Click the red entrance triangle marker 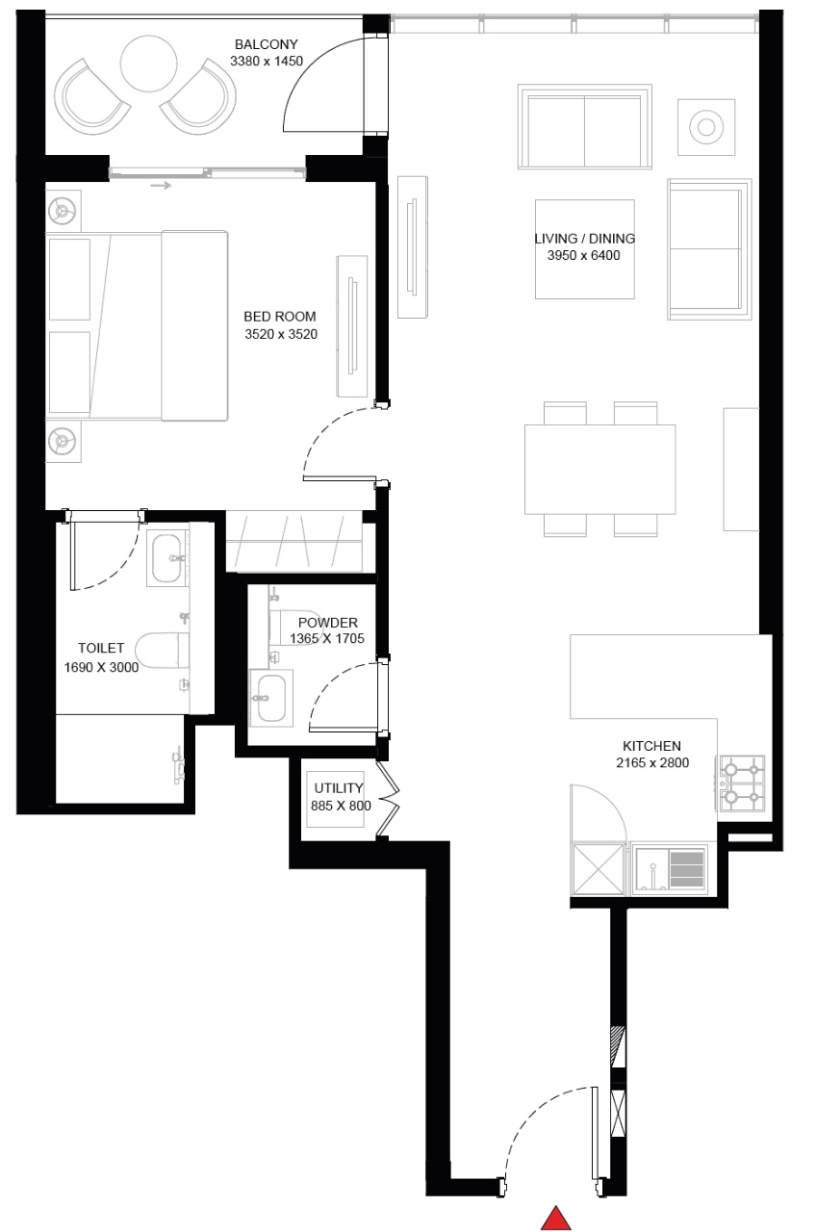(556, 1219)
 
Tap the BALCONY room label (267, 44)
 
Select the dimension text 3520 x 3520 (281, 334)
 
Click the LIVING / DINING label (584, 238)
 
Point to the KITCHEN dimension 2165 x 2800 (652, 762)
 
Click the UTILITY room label (339, 787)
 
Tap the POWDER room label (328, 623)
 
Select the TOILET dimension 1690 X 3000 (101, 667)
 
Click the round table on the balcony (148, 64)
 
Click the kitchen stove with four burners (742, 783)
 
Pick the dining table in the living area (599, 469)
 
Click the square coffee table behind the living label (584, 249)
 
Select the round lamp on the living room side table (706, 127)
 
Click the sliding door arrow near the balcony (161, 186)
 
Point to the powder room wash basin (271, 698)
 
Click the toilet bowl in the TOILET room (162, 650)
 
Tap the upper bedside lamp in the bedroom (63, 210)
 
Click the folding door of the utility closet (388, 800)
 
